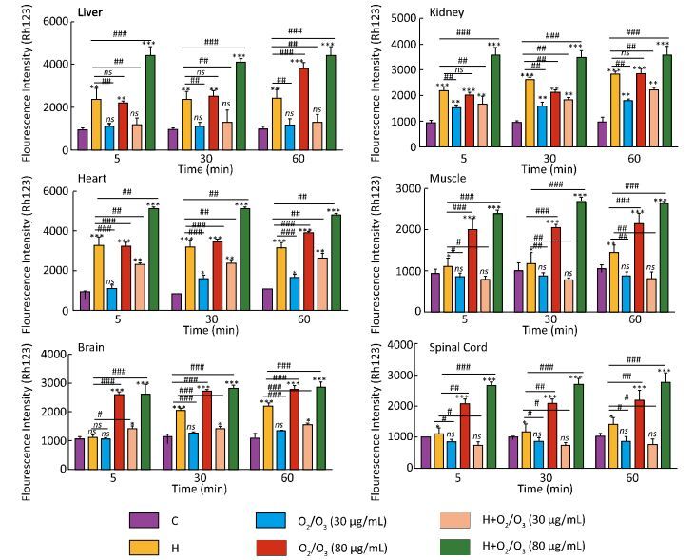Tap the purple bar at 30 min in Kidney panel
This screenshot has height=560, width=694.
pyautogui.click(x=517, y=135)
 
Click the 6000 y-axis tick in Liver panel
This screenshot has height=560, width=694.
pyautogui.click(x=55, y=21)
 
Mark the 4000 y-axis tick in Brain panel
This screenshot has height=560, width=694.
pyautogui.click(x=53, y=355)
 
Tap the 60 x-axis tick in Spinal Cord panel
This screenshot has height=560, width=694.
pyautogui.click(x=632, y=481)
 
